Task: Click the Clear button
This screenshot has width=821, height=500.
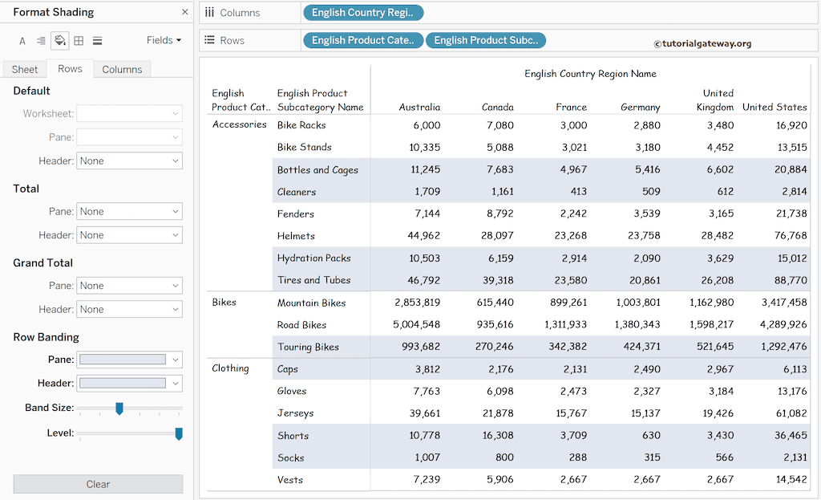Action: pos(98,484)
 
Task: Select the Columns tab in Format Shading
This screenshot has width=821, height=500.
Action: pos(122,69)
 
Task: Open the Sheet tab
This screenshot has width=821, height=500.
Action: pos(25,69)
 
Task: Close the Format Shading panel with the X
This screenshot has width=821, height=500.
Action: pos(185,12)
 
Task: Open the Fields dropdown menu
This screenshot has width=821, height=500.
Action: pos(164,40)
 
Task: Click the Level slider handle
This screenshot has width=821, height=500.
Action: pos(179,433)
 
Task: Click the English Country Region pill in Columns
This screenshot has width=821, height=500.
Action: pos(363,13)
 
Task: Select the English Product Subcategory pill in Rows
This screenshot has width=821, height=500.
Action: pos(486,40)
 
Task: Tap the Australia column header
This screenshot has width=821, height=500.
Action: pos(419,107)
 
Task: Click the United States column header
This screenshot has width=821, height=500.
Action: pos(774,107)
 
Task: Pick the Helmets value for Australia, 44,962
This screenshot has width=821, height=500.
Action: pos(419,236)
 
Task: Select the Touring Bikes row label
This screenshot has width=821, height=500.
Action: pos(308,347)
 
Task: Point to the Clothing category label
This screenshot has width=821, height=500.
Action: pos(230,368)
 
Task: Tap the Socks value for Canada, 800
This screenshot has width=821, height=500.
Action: pos(504,457)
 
